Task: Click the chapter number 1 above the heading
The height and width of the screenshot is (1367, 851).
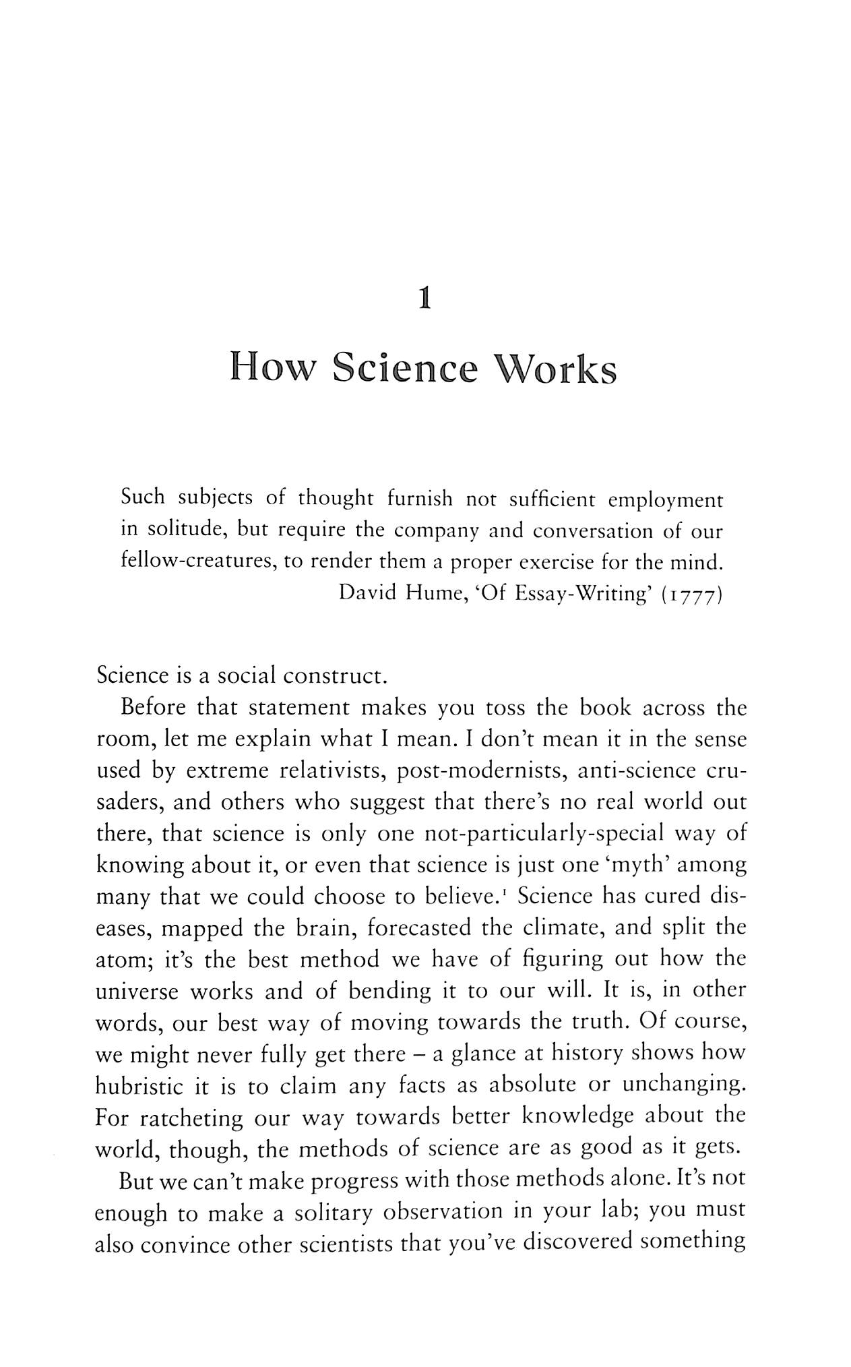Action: [424, 298]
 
